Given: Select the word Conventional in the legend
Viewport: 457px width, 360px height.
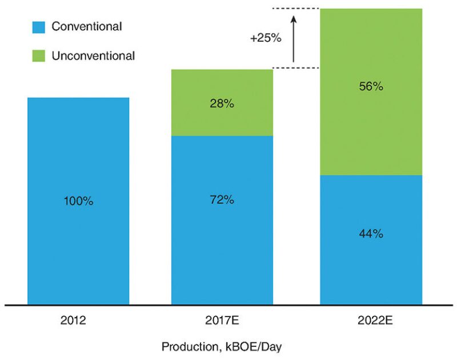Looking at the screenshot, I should pyautogui.click(x=86, y=26).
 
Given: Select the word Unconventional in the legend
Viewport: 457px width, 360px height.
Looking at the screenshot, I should pyautogui.click(x=93, y=56).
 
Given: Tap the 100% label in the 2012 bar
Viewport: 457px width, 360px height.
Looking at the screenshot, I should pyautogui.click(x=79, y=201).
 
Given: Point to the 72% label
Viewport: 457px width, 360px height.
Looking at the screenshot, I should pyautogui.click(x=222, y=201).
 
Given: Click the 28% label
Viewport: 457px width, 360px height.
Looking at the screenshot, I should pyautogui.click(x=222, y=104).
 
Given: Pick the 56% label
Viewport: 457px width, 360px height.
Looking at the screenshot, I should pyautogui.click(x=371, y=87).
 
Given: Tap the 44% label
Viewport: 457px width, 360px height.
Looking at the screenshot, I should pyautogui.click(x=371, y=234).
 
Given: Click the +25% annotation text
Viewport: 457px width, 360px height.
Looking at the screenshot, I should pyautogui.click(x=264, y=38).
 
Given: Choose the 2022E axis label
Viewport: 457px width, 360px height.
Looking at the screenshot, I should pyautogui.click(x=371, y=320).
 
